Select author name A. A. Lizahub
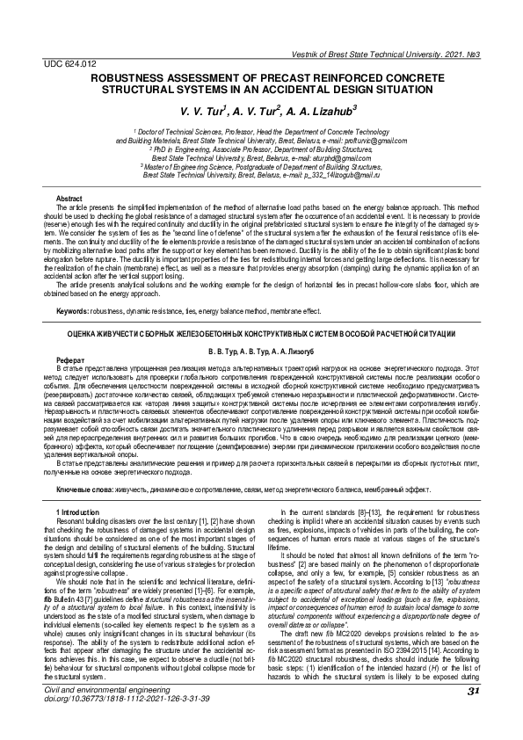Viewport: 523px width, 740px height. click(x=301, y=112)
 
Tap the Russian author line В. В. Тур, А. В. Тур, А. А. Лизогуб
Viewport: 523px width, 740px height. click(x=261, y=350)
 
